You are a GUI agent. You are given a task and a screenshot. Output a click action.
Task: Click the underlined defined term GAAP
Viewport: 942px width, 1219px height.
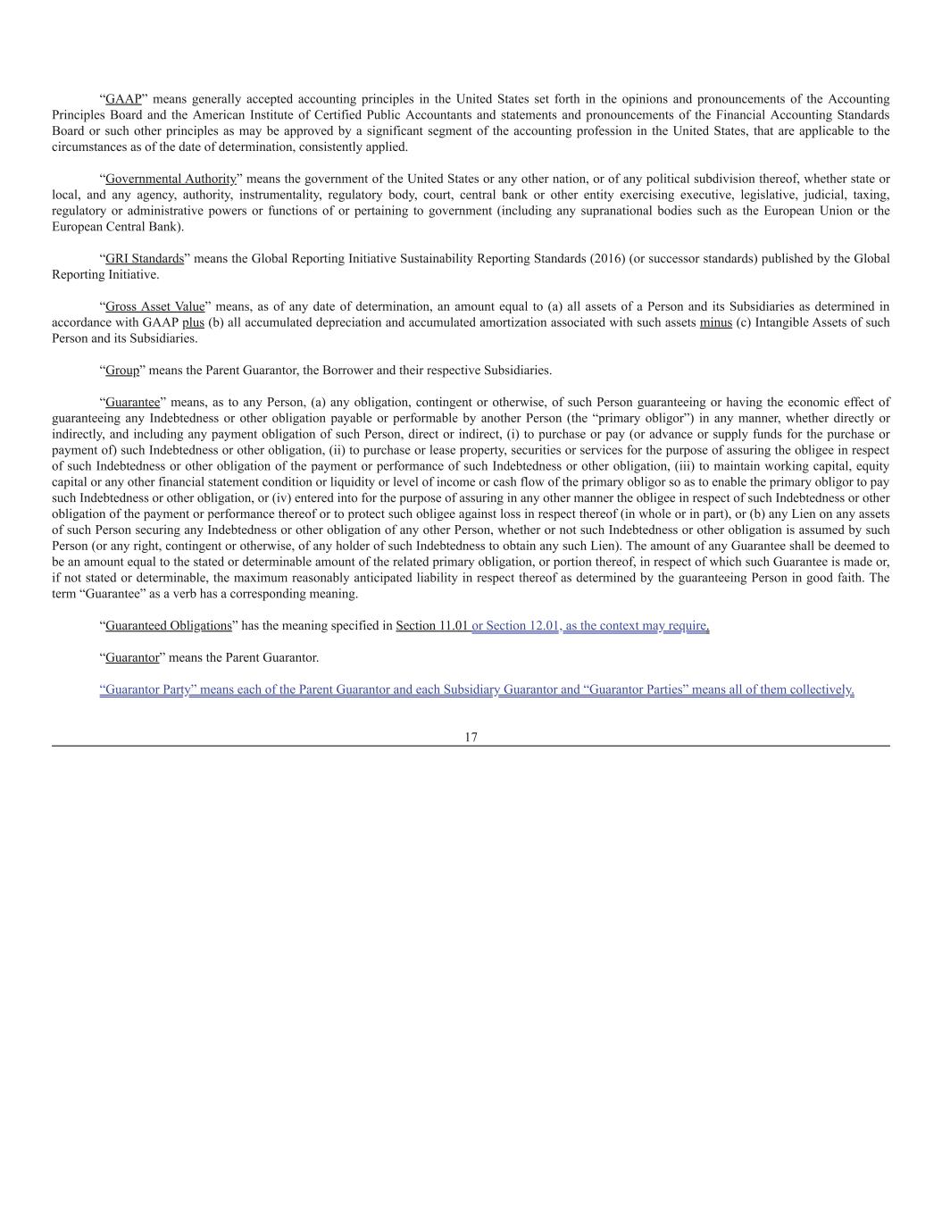pyautogui.click(x=123, y=99)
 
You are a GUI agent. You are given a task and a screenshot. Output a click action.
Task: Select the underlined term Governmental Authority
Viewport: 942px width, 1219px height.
pyautogui.click(x=171, y=179)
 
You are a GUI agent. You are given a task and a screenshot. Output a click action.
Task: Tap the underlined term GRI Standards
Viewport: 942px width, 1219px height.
pyautogui.click(x=145, y=259)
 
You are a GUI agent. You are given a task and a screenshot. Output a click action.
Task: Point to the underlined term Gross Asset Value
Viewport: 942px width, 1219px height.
pyautogui.click(x=154, y=306)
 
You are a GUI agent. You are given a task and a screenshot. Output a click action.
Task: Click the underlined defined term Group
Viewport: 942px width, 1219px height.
pyautogui.click(x=122, y=371)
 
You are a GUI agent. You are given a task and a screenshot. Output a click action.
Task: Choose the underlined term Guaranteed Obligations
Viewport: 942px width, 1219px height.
pyautogui.click(x=169, y=626)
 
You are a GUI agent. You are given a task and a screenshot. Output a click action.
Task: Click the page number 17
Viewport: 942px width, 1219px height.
pyautogui.click(x=471, y=737)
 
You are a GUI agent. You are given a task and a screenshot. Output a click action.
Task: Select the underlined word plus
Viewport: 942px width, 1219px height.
pyautogui.click(x=193, y=322)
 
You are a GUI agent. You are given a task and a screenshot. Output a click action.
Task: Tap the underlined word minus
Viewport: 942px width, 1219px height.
pyautogui.click(x=715, y=322)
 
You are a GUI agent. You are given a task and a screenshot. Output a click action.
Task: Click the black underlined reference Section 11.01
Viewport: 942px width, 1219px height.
pyautogui.click(x=432, y=626)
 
